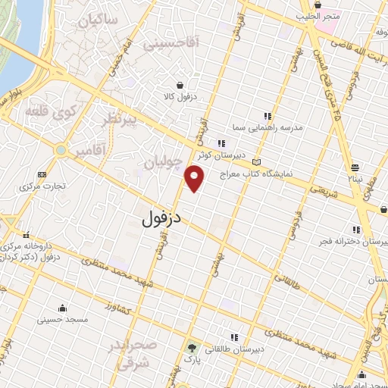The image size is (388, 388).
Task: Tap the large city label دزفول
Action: coord(162,218)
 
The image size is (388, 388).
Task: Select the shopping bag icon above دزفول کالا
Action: coord(180,86)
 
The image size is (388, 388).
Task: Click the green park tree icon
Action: coord(191,348)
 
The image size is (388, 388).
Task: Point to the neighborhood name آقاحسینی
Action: coord(171,45)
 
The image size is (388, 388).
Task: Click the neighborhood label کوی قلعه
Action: coord(51,112)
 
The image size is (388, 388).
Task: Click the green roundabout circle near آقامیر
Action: coord(60,151)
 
